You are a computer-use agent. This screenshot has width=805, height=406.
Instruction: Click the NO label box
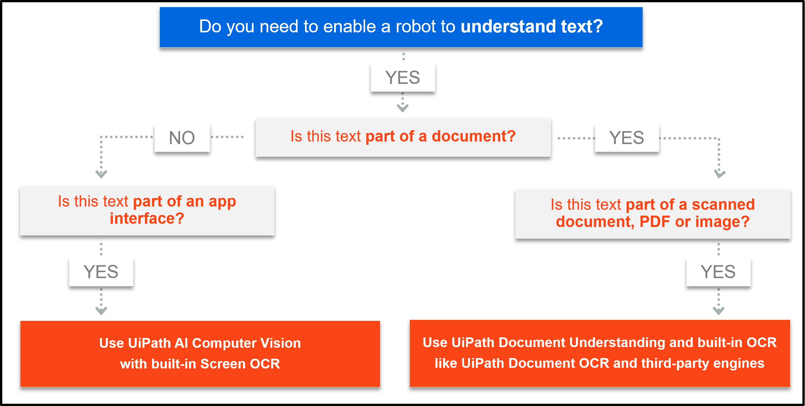pyautogui.click(x=182, y=138)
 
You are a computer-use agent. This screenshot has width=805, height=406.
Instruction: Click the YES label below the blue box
pyautogui.click(x=403, y=78)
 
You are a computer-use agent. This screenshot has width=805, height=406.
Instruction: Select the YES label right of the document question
pyautogui.click(x=627, y=138)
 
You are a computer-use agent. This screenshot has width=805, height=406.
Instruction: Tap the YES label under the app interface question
pyautogui.click(x=101, y=272)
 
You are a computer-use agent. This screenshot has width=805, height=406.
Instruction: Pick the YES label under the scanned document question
pyautogui.click(x=718, y=272)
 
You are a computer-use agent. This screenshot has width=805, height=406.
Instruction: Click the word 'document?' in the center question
pyautogui.click(x=473, y=136)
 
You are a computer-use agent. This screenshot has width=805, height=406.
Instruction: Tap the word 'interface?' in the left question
pyautogui.click(x=147, y=219)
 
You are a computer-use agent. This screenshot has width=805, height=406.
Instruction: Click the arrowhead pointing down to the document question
pyautogui.click(x=403, y=108)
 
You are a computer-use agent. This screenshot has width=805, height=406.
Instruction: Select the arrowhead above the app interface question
pyautogui.click(x=101, y=174)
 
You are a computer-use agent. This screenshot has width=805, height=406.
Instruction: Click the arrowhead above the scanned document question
pyautogui.click(x=720, y=174)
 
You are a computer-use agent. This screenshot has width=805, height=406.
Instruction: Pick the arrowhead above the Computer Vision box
pyautogui.click(x=101, y=311)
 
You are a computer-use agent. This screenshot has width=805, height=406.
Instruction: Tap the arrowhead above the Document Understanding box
pyautogui.click(x=719, y=311)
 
